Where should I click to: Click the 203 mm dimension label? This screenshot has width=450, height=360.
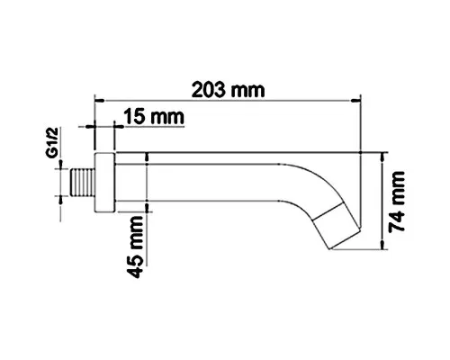click(229, 90)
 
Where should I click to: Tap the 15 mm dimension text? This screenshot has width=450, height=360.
click(154, 117)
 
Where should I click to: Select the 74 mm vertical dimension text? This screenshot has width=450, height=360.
click(397, 202)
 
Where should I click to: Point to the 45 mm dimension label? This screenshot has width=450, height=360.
click(135, 247)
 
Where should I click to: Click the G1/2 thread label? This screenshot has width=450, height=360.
click(52, 142)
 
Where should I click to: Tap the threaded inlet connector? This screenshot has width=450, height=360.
click(84, 183)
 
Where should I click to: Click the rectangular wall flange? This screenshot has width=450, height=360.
click(104, 183)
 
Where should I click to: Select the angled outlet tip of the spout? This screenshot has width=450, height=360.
click(336, 228)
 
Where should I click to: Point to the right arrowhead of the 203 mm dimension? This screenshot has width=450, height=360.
click(355, 101)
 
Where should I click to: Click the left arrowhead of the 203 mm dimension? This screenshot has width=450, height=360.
click(100, 101)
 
